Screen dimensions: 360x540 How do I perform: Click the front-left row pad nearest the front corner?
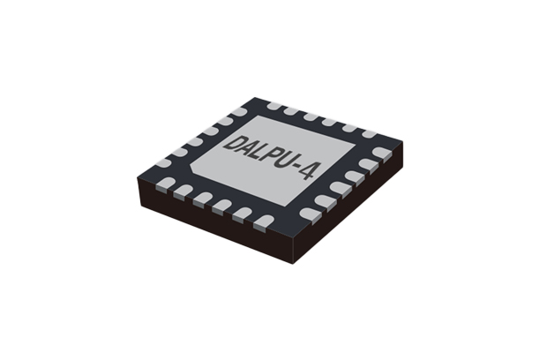[262, 222]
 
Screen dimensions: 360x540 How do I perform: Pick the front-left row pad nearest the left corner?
[166, 184]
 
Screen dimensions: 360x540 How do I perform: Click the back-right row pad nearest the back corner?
[274, 107]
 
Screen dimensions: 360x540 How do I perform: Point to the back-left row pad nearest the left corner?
[161, 163]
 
